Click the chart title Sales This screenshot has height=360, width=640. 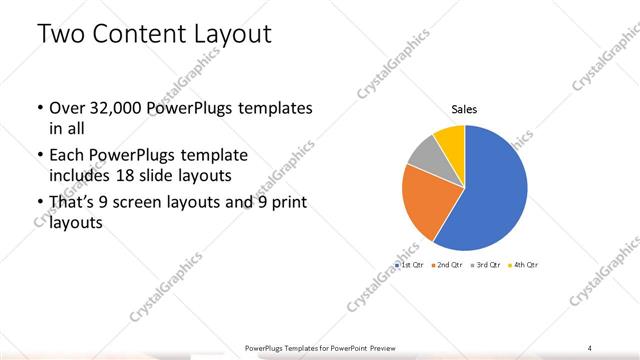(x=464, y=109)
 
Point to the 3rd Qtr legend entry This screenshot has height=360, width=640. (x=486, y=265)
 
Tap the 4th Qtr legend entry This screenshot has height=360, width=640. (x=524, y=265)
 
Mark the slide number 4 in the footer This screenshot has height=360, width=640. (x=590, y=347)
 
